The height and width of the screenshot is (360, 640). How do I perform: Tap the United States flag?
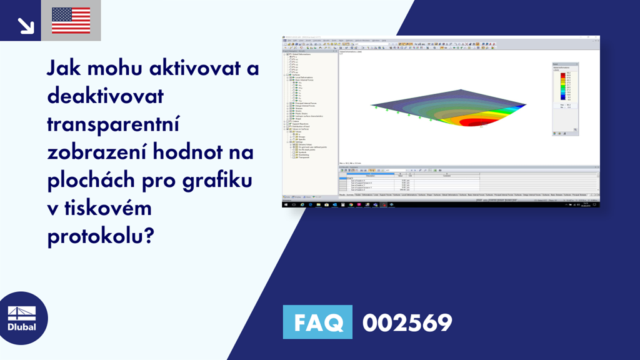pyautogui.click(x=71, y=21)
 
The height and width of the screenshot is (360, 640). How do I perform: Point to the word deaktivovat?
pyautogui.click(x=105, y=97)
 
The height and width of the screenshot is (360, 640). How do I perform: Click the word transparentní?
pyautogui.click(x=113, y=125)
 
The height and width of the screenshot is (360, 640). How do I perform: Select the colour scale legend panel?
pyautogui.click(x=565, y=99)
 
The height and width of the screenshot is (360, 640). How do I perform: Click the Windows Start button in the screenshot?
pyautogui.click(x=286, y=204)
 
